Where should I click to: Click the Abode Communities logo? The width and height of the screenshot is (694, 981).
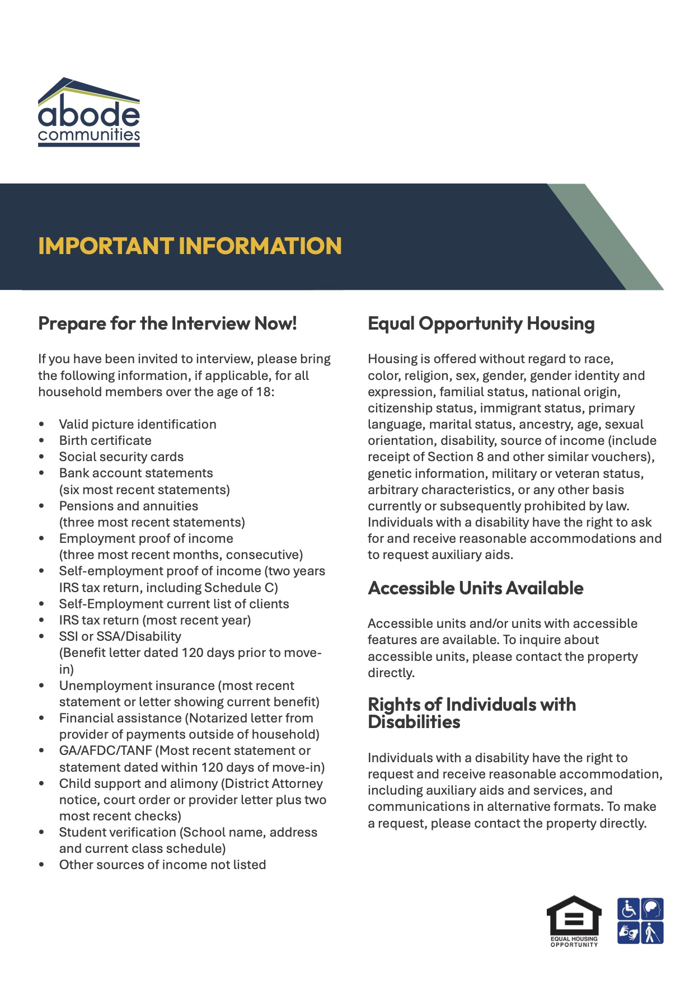click(x=88, y=112)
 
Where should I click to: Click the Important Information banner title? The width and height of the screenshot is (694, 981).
click(x=190, y=246)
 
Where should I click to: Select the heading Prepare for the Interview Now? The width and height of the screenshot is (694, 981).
click(x=167, y=323)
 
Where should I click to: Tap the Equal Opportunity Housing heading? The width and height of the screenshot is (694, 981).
click(x=481, y=323)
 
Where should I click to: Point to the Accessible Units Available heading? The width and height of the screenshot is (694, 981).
click(x=475, y=588)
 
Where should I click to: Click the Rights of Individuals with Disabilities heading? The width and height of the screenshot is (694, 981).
click(x=471, y=713)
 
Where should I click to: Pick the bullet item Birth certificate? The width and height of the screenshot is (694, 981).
click(x=105, y=441)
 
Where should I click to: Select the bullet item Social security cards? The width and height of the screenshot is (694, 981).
click(x=121, y=457)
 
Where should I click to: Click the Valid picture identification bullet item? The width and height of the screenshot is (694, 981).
click(x=138, y=425)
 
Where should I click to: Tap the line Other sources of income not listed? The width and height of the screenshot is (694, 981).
click(x=162, y=865)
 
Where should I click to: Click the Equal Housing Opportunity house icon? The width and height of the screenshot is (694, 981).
click(x=574, y=920)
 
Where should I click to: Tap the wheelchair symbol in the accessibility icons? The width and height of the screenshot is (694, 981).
click(x=629, y=909)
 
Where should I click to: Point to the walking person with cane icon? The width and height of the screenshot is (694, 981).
click(x=651, y=933)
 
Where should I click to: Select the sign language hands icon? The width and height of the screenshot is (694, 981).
click(x=629, y=933)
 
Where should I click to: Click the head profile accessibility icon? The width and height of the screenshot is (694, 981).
click(x=651, y=909)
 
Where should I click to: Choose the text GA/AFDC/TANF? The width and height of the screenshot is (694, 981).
click(x=105, y=751)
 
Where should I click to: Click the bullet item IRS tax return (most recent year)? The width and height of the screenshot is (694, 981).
click(x=154, y=621)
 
